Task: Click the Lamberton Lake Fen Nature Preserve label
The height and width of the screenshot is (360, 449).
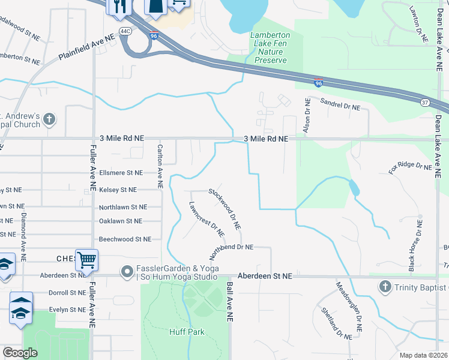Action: pyautogui.click(x=270, y=48)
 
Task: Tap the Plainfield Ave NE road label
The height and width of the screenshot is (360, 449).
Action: pyautogui.click(x=86, y=47)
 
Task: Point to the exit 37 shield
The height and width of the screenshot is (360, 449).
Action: pyautogui.click(x=424, y=102)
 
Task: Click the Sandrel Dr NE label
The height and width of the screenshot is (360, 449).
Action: pyautogui.click(x=340, y=104)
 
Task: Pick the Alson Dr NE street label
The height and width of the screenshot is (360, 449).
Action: pyautogui.click(x=307, y=116)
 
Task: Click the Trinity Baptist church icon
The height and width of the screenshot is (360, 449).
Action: pyautogui.click(x=384, y=287)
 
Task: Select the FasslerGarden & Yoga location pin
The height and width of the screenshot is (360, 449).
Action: pyautogui.click(x=127, y=272)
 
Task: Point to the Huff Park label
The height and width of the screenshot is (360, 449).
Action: pyautogui.click(x=187, y=332)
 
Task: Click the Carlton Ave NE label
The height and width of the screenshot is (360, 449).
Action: pyautogui.click(x=160, y=166)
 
